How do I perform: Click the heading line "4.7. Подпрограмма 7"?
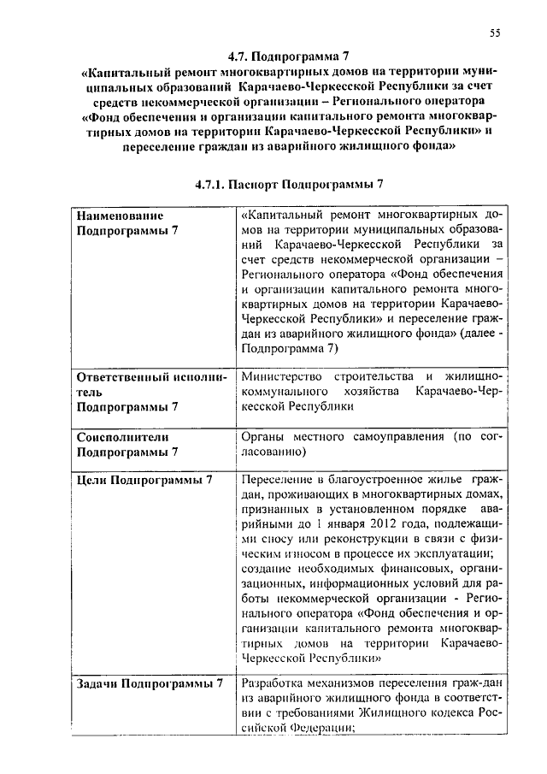(278, 56)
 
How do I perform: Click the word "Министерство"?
(279, 376)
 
